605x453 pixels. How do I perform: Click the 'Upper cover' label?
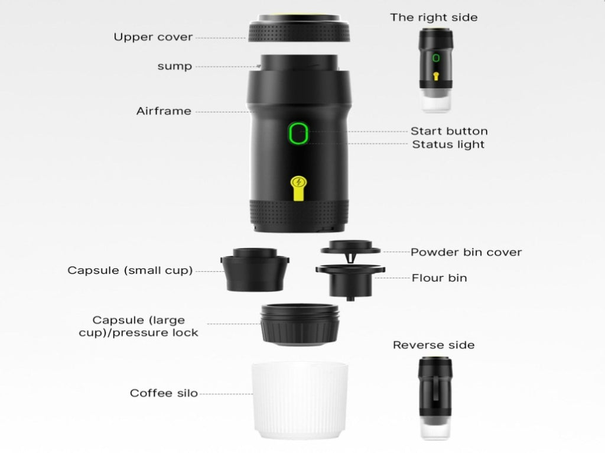click(x=153, y=37)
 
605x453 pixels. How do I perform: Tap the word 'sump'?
click(x=174, y=66)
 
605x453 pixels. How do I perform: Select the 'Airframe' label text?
click(x=164, y=111)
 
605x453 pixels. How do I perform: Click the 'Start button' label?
click(x=449, y=131)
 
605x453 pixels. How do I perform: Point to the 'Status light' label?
click(x=448, y=144)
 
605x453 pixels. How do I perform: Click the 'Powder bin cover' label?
click(x=466, y=252)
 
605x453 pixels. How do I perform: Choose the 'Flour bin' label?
click(x=439, y=278)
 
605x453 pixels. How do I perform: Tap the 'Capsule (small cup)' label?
click(x=130, y=270)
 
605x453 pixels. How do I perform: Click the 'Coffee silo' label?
click(x=164, y=393)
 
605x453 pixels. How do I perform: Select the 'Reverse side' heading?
click(x=434, y=345)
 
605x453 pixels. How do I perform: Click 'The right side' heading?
click(x=434, y=17)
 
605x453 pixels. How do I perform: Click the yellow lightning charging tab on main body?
click(x=298, y=188)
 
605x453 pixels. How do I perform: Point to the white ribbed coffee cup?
click(x=300, y=400)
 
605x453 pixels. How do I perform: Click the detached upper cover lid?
click(x=299, y=28)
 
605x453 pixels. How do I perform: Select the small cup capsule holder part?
click(x=255, y=270)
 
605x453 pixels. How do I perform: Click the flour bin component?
click(x=350, y=281)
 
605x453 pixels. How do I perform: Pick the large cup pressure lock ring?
click(x=300, y=325)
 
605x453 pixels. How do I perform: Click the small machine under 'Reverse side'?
click(x=435, y=398)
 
